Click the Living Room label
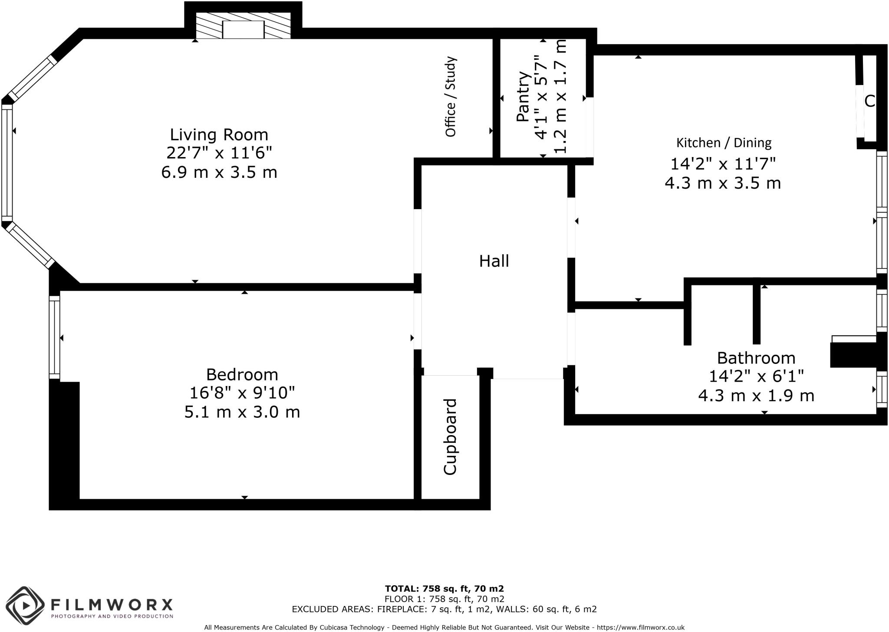219,134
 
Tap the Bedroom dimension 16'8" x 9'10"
242,393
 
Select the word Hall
494,261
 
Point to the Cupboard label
451,436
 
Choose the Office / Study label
451,96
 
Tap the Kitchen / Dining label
724,142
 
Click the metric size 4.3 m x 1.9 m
756,396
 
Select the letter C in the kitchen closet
869,101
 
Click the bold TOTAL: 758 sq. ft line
444,589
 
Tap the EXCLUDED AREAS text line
444,609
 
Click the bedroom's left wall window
54,337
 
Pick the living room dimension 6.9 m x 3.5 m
219,172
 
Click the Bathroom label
756,358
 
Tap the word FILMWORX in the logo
112,604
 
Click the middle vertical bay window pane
7,163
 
